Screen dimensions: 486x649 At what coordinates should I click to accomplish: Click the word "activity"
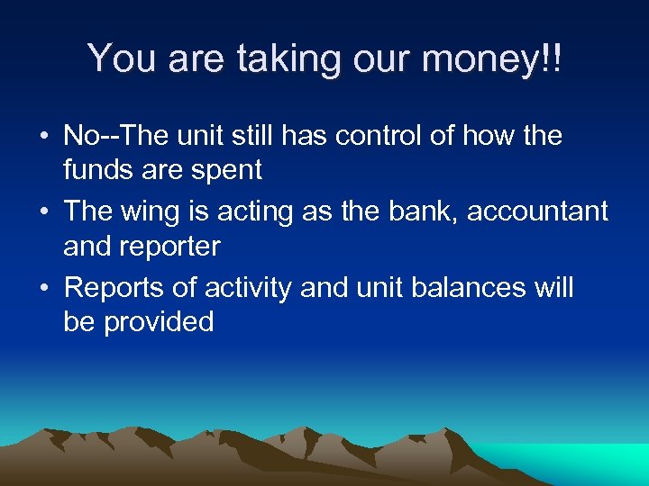pyautogui.click(x=248, y=288)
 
